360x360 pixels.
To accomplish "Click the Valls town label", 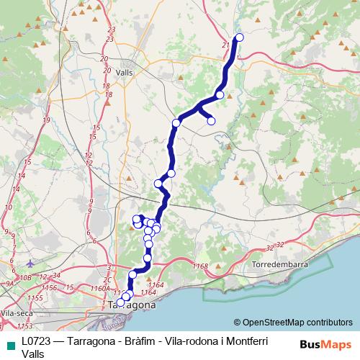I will click(x=123, y=73).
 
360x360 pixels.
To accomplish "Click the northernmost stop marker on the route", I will click(x=240, y=37).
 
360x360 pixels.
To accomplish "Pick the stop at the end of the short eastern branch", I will click(x=212, y=121).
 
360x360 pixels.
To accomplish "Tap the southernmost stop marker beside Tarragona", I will click(x=121, y=302).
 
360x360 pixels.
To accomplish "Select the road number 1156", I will click(x=50, y=287).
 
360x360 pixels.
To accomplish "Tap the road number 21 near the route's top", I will click(x=226, y=45).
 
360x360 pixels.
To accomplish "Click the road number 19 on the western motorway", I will click(x=45, y=120).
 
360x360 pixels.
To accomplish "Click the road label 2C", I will click(x=107, y=279).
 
